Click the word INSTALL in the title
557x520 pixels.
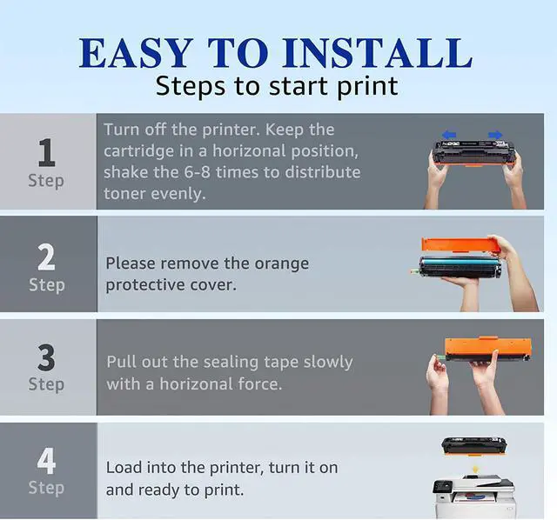coord(378,52)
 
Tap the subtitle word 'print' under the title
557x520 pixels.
coord(367,87)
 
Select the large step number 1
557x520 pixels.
coord(47,153)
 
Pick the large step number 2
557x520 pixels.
coord(46,257)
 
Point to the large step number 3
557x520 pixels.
coord(46,357)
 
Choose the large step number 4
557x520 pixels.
coord(46,461)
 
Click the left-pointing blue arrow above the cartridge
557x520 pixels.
coord(449,135)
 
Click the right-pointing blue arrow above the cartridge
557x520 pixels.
coord(495,135)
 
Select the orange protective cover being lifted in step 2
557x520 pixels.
coord(458,245)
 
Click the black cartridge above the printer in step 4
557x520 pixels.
coord(473,446)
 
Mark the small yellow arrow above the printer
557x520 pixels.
coord(475,470)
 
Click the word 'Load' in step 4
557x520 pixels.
coord(124,468)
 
